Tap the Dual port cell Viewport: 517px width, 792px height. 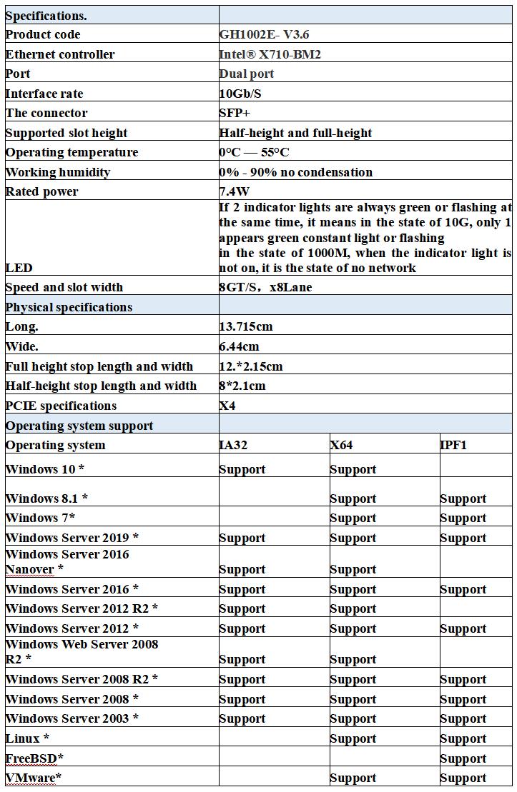[x=247, y=74]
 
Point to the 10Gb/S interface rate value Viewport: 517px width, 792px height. [x=241, y=94]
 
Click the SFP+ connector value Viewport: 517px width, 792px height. [x=234, y=113]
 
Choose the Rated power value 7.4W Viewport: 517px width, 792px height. [x=235, y=191]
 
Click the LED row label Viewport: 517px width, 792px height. [x=19, y=268]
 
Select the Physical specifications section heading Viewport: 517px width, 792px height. [x=69, y=307]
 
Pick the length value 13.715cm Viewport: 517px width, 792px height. [x=246, y=326]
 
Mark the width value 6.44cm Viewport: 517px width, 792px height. [x=239, y=346]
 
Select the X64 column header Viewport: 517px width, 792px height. [x=341, y=445]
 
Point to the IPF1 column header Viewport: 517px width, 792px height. [x=454, y=445]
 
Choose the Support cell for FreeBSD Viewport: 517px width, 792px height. [x=463, y=758]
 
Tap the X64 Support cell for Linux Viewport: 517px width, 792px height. [x=353, y=738]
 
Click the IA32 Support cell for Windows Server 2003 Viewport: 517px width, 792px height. [x=242, y=718]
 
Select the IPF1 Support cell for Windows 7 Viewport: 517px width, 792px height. [x=463, y=518]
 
